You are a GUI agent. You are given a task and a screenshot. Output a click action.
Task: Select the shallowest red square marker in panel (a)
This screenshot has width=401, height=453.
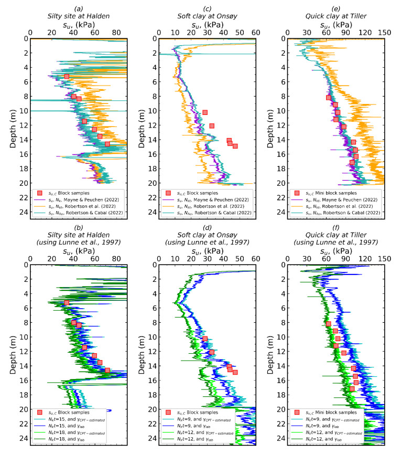pyautogui.click(x=67, y=77)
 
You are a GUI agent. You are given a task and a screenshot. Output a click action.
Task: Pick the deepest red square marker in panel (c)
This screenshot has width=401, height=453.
pyautogui.click(x=235, y=146)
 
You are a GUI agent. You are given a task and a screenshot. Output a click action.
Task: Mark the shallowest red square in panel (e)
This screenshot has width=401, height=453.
pyautogui.click(x=329, y=98)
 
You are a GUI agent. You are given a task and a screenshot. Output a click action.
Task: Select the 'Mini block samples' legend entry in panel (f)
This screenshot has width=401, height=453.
pyautogui.click(x=341, y=413)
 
